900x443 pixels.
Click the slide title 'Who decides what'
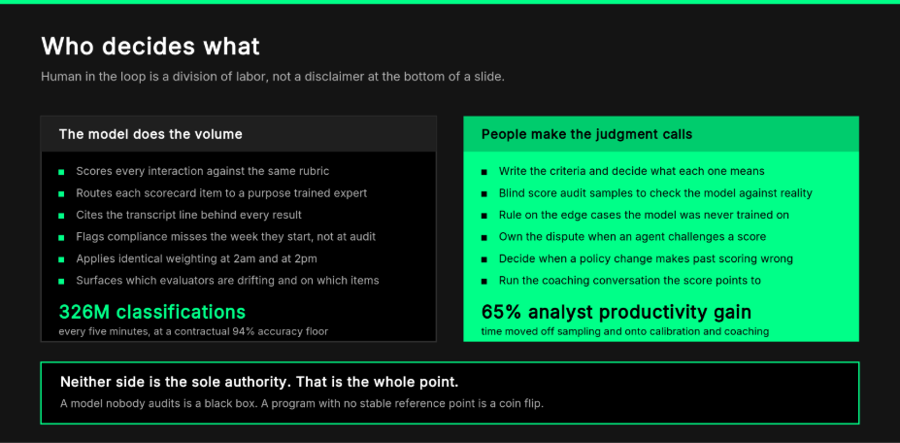[150, 47]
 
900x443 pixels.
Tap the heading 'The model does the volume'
[150, 134]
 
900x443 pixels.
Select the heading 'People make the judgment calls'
[586, 134]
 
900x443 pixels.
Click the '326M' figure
[84, 312]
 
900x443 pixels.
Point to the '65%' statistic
[502, 312]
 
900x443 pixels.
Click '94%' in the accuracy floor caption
[243, 331]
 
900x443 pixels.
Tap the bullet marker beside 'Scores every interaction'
[61, 172]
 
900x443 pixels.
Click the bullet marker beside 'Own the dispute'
[483, 237]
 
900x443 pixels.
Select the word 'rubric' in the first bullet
[315, 171]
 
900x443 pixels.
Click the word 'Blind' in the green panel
[512, 193]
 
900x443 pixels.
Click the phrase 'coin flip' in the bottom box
[520, 403]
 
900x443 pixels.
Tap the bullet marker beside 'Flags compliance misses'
[61, 237]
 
